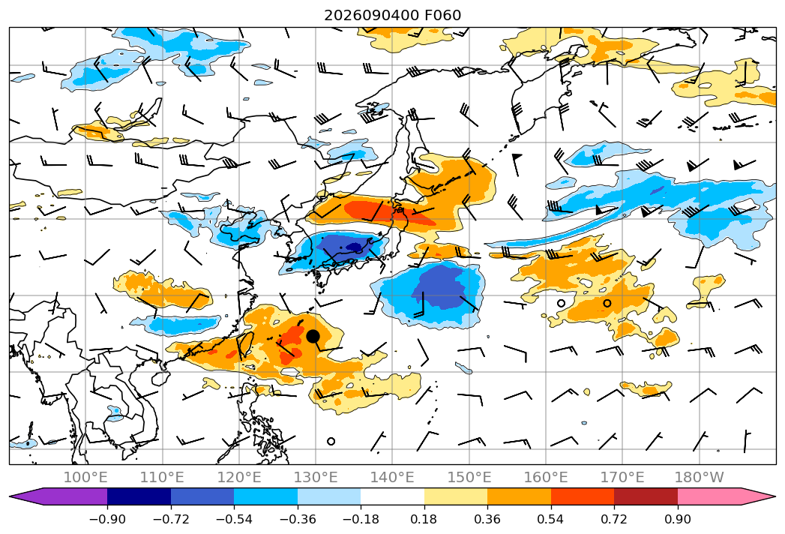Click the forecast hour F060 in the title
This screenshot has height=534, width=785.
click(442, 15)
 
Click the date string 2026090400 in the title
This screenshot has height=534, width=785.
click(371, 15)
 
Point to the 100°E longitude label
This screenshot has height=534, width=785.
click(85, 477)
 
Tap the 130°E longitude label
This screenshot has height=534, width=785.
click(316, 477)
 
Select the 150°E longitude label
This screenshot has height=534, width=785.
click(469, 477)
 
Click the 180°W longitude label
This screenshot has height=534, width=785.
click(699, 477)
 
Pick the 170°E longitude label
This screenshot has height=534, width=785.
click(622, 477)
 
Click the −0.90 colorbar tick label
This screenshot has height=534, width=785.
click(107, 519)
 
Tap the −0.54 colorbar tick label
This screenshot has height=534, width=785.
click(234, 519)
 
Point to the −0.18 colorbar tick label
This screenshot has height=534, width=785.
click(361, 519)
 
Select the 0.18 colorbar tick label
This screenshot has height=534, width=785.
click(424, 519)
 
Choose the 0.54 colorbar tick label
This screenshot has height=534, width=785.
click(551, 519)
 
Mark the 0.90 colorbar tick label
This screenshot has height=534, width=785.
click(677, 519)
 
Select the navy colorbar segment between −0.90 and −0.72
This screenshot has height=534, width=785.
click(139, 496)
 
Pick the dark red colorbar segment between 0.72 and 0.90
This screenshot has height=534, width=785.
click(646, 496)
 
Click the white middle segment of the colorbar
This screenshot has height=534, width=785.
click(393, 496)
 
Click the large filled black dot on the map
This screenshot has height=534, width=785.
click(313, 336)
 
